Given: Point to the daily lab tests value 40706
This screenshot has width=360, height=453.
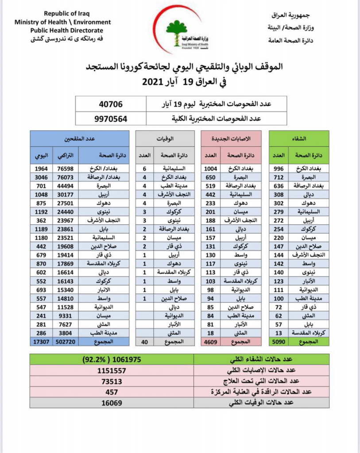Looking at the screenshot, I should pyautogui.click(x=111, y=105).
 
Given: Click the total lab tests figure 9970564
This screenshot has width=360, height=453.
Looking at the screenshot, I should pyautogui.click(x=111, y=119).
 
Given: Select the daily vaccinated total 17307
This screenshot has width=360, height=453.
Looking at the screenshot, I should pyautogui.click(x=42, y=342).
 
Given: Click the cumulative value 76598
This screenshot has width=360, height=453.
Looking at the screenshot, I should pyautogui.click(x=66, y=168).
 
